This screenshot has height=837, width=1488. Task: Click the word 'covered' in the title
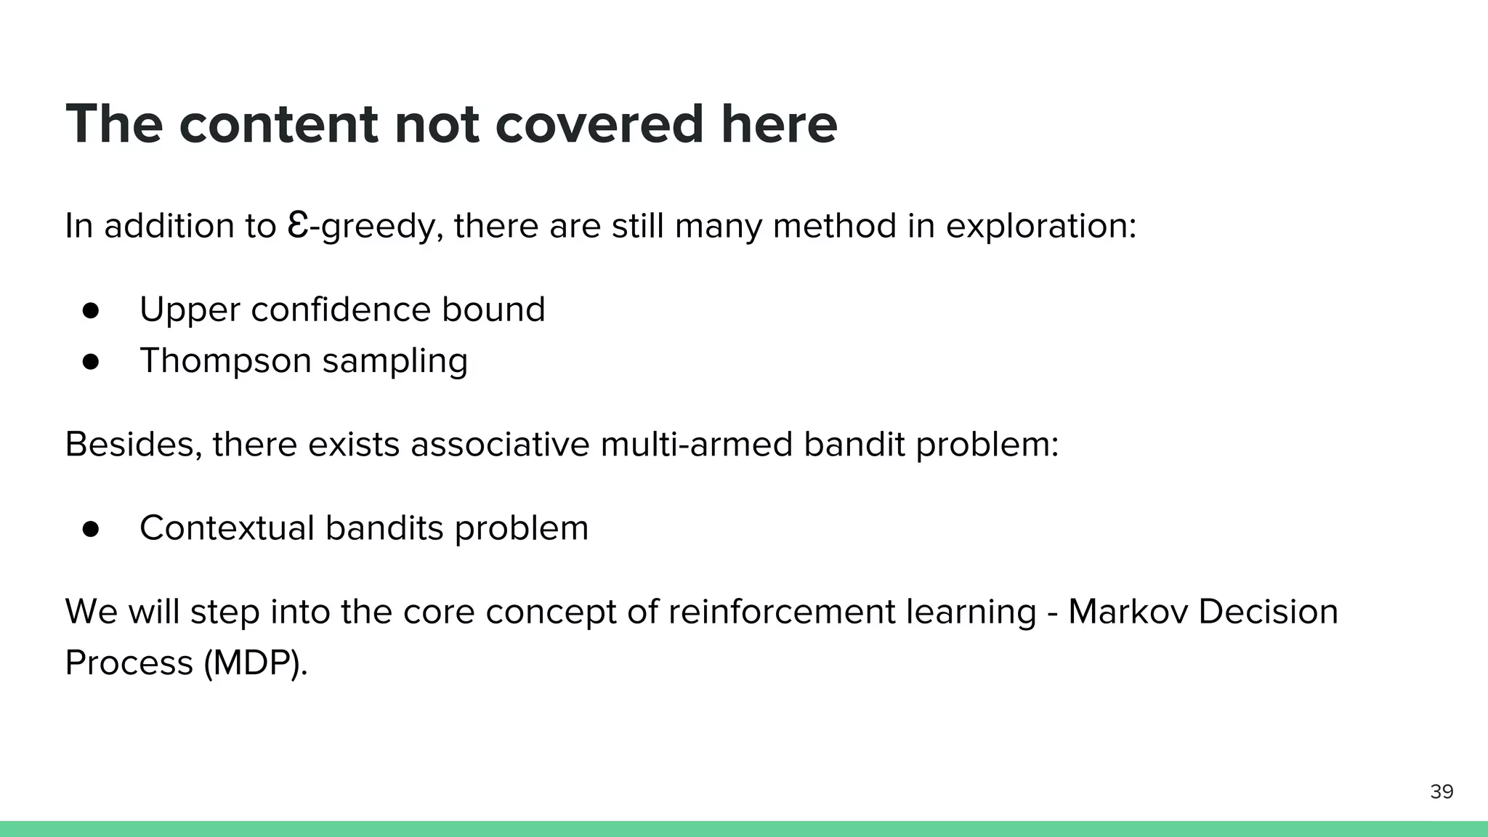(x=599, y=124)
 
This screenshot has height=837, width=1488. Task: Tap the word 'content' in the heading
(x=278, y=124)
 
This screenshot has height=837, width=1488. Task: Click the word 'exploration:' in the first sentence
(x=1040, y=226)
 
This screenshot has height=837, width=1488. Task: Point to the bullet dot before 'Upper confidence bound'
(x=91, y=310)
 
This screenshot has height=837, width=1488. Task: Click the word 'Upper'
(x=190, y=310)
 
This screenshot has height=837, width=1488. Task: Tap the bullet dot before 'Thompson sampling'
(x=91, y=361)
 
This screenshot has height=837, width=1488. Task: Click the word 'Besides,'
(x=134, y=445)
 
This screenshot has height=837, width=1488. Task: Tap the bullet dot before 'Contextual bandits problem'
(x=91, y=528)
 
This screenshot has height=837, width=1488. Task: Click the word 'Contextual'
(x=227, y=528)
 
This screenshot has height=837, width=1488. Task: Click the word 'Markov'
(x=1127, y=612)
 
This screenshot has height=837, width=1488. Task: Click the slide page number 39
(x=1441, y=791)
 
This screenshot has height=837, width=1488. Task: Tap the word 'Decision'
(x=1268, y=612)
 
